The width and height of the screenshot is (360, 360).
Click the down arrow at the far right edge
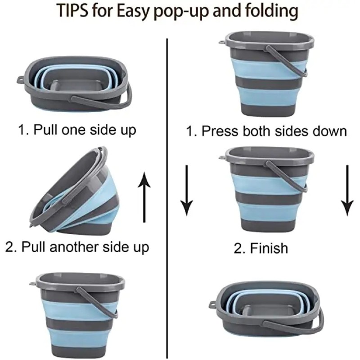click(x=347, y=191)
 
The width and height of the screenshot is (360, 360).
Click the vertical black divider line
click(x=167, y=198)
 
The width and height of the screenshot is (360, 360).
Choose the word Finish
click(x=269, y=248)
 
